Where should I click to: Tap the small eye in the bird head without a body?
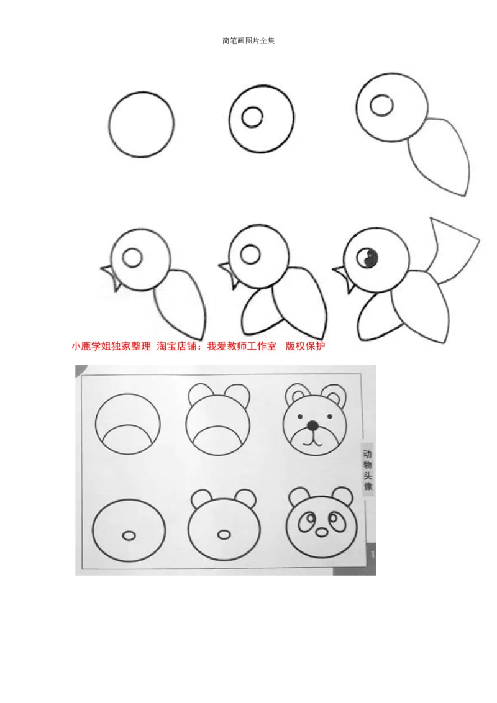(252, 117)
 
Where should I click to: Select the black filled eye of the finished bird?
(369, 257)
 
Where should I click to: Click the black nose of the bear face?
(312, 425)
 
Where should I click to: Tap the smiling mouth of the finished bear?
(312, 442)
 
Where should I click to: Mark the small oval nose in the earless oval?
(129, 535)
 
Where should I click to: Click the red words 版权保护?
(305, 347)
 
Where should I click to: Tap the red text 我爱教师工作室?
(242, 347)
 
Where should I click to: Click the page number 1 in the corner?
(372, 553)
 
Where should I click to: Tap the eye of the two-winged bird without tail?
(250, 254)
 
